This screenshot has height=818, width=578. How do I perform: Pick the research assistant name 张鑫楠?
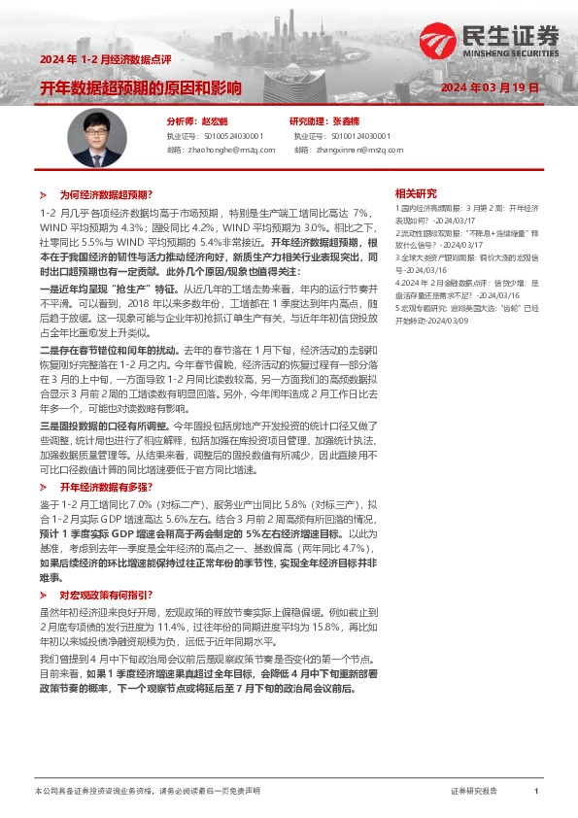point(346,122)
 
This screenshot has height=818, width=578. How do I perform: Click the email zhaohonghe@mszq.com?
point(221,150)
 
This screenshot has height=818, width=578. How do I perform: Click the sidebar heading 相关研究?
point(416,194)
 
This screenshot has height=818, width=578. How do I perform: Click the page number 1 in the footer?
point(536,792)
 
